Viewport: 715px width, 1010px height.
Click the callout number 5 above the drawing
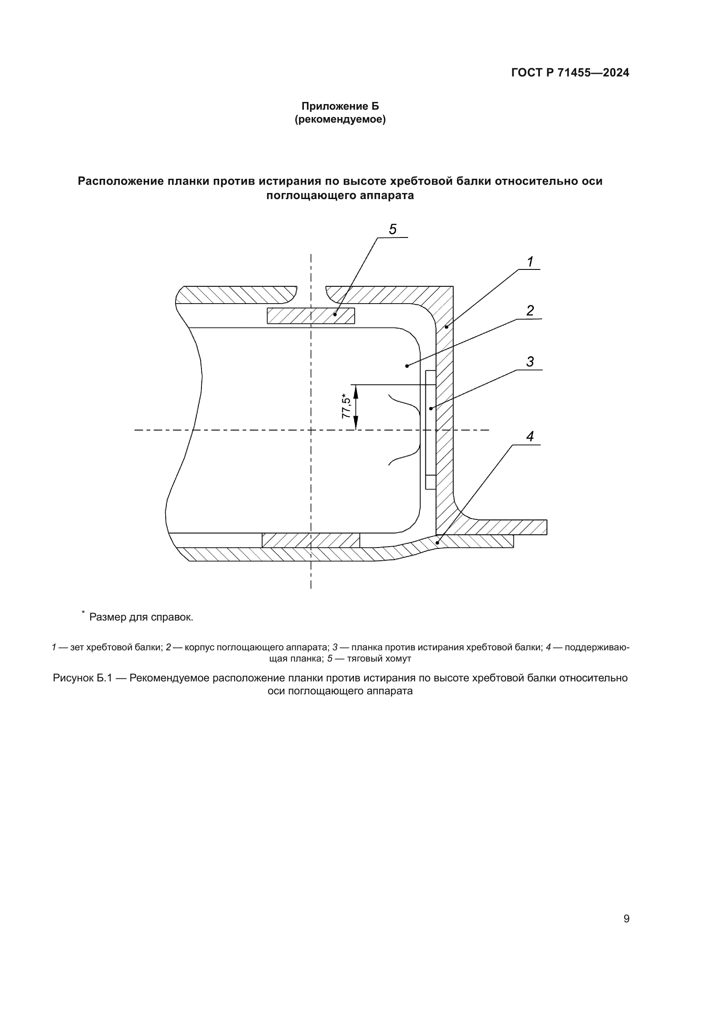393,229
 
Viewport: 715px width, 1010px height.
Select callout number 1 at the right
530,262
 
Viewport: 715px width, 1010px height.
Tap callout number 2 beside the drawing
530,310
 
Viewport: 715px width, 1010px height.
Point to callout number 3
530,361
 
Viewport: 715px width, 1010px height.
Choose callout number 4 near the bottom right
530,437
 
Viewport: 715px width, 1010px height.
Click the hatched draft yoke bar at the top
311,315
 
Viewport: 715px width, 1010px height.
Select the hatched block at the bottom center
311,540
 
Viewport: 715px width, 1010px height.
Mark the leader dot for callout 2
407,366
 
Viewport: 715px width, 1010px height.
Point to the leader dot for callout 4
437,543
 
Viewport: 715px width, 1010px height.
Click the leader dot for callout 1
446,327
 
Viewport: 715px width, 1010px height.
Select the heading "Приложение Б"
340,106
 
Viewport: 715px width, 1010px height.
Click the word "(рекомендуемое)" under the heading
340,119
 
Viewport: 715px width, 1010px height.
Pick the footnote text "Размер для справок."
141,617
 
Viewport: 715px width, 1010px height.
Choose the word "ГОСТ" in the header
527,73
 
